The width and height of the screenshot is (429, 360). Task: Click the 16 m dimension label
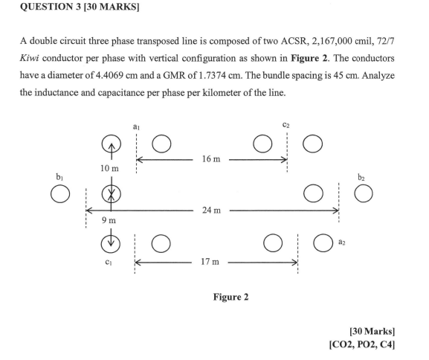pyautogui.click(x=211, y=158)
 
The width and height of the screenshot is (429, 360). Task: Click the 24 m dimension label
pyautogui.click(x=211, y=210)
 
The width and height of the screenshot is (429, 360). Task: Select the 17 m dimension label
pyautogui.click(x=210, y=262)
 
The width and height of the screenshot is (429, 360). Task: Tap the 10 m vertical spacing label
pyautogui.click(x=109, y=168)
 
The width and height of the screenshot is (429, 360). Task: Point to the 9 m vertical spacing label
pyautogui.click(x=109, y=220)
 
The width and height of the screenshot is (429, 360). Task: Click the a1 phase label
pyautogui.click(x=136, y=126)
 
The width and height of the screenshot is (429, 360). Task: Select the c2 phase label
pyautogui.click(x=286, y=125)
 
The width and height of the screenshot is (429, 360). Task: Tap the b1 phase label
pyautogui.click(x=59, y=177)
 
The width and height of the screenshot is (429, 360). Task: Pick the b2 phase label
pyautogui.click(x=361, y=178)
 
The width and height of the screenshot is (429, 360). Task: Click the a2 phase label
pyautogui.click(x=342, y=242)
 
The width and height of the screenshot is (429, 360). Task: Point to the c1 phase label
pyautogui.click(x=109, y=263)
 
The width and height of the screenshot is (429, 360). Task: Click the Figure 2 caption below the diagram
pyautogui.click(x=231, y=297)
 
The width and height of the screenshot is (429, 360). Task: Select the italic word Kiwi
pyautogui.click(x=29, y=58)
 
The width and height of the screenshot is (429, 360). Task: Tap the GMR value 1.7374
pyautogui.click(x=210, y=75)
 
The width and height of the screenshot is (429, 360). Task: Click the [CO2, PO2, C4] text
pyautogui.click(x=362, y=344)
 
